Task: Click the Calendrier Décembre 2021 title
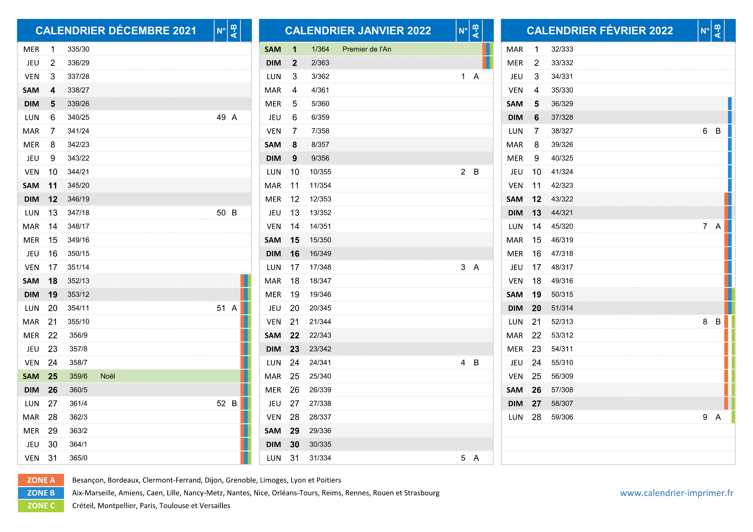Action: coord(116,30)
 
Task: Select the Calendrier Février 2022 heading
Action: coord(600,30)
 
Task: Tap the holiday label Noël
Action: coord(108,376)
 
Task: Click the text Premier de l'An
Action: coord(367,49)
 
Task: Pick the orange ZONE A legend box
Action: coord(41,480)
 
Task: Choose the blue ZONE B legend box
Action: coord(41,493)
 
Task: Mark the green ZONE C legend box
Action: coord(41,506)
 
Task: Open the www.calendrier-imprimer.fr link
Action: coord(677,493)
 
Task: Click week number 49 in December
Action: coord(221,118)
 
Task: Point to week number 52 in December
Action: coord(221,403)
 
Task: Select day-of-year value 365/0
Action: coord(78,458)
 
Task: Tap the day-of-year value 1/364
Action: coord(320,49)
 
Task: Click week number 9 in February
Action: coord(705,417)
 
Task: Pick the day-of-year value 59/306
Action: coord(562,417)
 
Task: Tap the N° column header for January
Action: coord(463,30)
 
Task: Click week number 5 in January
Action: coord(463,458)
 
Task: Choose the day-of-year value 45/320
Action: coord(562,226)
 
